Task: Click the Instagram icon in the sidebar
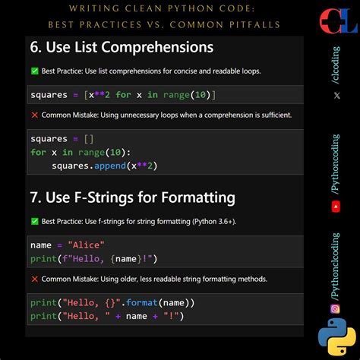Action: (x=335, y=308)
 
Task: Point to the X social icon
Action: (x=336, y=95)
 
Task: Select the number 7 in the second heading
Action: (x=36, y=198)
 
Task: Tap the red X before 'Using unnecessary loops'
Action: (x=35, y=115)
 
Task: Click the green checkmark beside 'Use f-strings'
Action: (x=35, y=221)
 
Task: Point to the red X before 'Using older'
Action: (x=35, y=279)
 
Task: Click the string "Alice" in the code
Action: (x=85, y=245)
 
